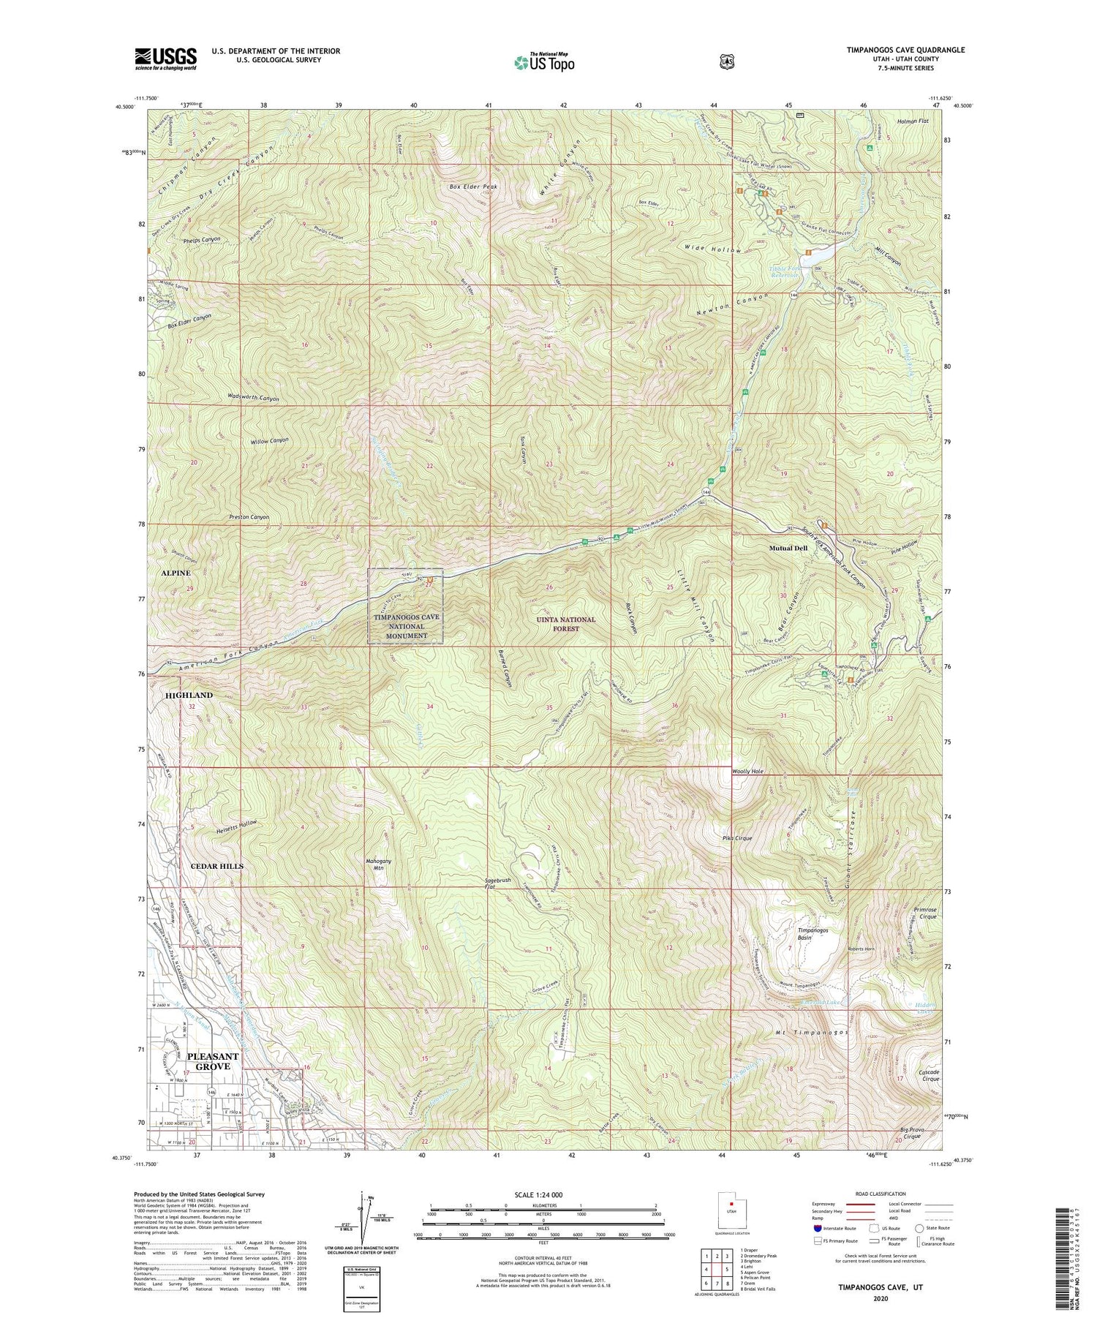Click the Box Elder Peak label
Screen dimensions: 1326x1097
[x=472, y=187]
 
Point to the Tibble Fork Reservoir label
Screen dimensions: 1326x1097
[x=785, y=273]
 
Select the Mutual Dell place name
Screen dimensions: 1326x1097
[x=788, y=548]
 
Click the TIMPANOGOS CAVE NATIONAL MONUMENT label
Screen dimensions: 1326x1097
[x=407, y=626]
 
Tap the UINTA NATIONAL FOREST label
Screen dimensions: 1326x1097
[x=566, y=624]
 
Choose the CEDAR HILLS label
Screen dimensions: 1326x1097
[x=216, y=866]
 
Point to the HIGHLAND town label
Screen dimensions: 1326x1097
[x=189, y=695]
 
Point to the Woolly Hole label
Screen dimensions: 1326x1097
[x=747, y=772]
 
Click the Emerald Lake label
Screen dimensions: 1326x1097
[x=823, y=1002]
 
